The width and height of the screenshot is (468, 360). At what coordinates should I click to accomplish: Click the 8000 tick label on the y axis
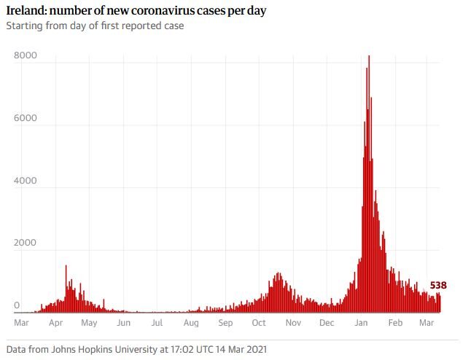tap(26, 55)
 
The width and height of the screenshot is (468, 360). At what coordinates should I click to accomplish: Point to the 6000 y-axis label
tap(26, 118)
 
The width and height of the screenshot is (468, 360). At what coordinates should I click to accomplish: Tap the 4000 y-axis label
tap(26, 181)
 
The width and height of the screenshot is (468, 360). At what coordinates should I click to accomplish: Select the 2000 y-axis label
tap(26, 243)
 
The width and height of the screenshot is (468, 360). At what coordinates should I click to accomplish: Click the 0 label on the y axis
tap(17, 305)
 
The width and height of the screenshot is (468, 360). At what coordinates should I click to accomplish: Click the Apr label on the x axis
tap(56, 323)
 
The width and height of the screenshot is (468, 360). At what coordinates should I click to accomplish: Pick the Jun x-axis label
tap(124, 323)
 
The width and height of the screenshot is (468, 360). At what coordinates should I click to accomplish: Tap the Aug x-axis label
tap(191, 323)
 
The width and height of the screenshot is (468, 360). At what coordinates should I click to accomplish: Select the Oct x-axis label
tap(259, 323)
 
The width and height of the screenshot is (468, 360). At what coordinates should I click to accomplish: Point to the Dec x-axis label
tap(327, 323)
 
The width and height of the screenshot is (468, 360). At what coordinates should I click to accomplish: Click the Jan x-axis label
tap(361, 323)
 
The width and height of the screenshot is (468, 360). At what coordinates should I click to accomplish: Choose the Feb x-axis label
tap(395, 323)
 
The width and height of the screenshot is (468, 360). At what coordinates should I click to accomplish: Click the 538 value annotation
tap(438, 286)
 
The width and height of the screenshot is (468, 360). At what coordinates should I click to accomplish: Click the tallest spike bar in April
tap(66, 289)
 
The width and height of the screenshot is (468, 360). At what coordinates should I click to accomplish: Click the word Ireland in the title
tap(26, 10)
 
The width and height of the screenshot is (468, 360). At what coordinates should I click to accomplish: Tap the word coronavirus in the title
tap(163, 10)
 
